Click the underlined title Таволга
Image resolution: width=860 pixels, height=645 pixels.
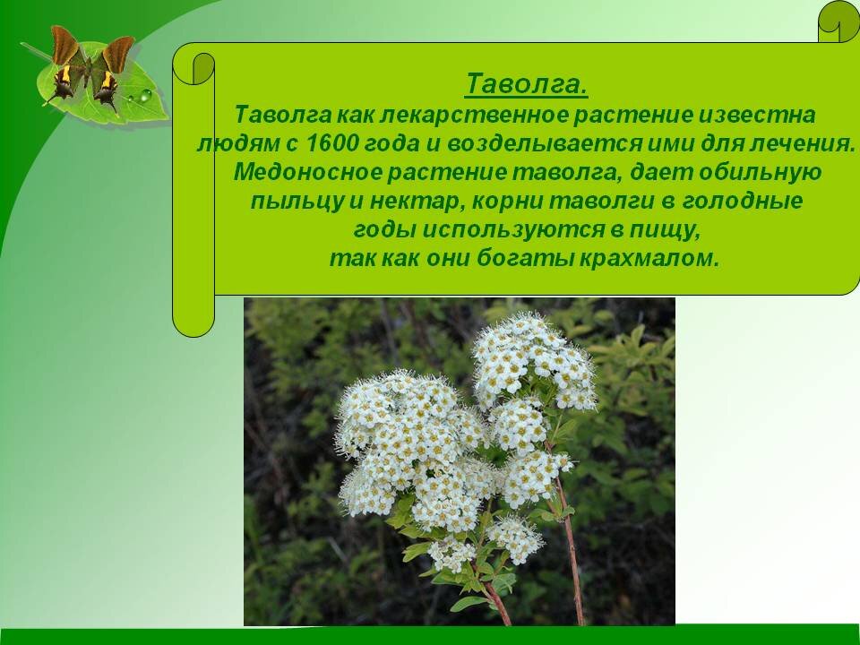[x=527, y=85]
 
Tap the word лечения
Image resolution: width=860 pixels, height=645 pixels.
[x=803, y=143]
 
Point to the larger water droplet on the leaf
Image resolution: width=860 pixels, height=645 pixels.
[x=144, y=95]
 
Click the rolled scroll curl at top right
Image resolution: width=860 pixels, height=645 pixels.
[x=839, y=21]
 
